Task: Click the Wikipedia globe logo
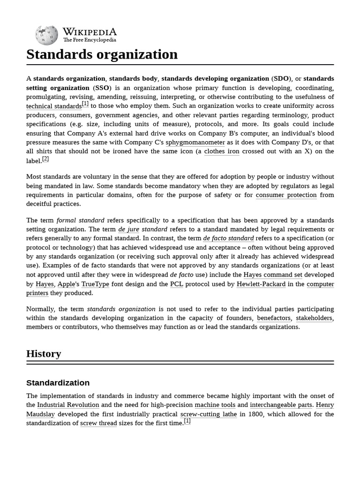[x=46, y=35]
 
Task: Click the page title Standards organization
[x=102, y=54]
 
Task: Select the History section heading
[x=44, y=353]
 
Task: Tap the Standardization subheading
[x=58, y=382]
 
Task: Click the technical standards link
[x=54, y=106]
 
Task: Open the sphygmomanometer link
[x=195, y=142]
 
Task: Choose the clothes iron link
[x=222, y=151]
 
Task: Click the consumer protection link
[x=286, y=195]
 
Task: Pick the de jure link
[x=128, y=230]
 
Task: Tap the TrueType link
[x=95, y=284]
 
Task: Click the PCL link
[x=176, y=284]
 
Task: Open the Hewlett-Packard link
[x=261, y=284]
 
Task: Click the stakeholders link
[x=314, y=318]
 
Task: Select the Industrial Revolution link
[x=68, y=405]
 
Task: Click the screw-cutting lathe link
[x=209, y=414]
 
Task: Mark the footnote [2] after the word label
[x=45, y=159]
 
